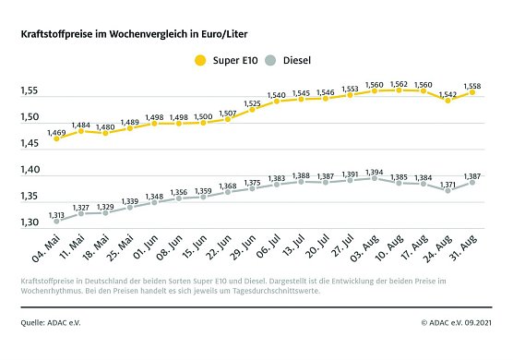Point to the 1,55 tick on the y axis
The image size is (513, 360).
click(30, 91)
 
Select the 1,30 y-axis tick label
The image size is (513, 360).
click(30, 223)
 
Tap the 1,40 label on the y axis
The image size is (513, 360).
click(30, 171)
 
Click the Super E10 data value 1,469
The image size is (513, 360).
click(57, 135)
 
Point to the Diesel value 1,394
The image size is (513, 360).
click(375, 172)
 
